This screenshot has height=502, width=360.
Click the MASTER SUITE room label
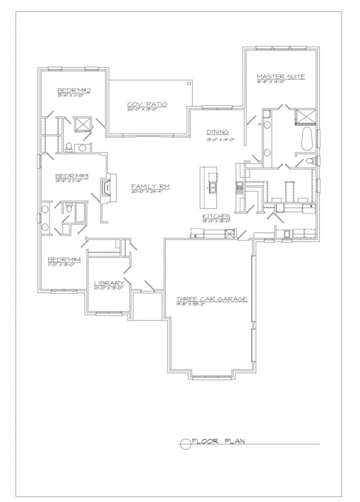(x=282, y=76)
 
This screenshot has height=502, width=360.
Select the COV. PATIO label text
(x=147, y=104)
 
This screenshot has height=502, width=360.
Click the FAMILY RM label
(x=147, y=186)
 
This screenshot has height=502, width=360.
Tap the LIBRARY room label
(x=108, y=283)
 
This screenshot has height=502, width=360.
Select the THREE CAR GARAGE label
(x=211, y=299)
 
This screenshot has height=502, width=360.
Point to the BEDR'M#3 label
(x=72, y=176)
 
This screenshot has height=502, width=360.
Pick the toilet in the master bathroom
(x=309, y=161)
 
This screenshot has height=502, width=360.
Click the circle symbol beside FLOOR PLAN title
(x=185, y=444)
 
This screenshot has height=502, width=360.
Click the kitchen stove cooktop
(x=240, y=187)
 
